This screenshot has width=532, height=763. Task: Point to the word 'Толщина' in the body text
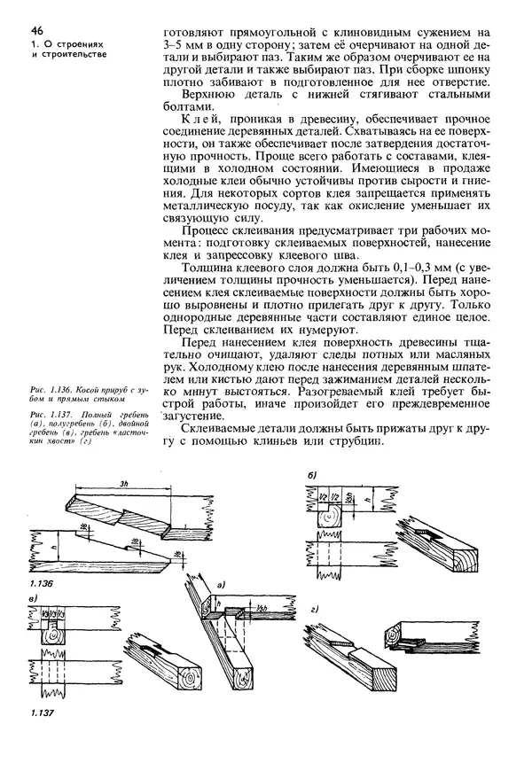click(207, 268)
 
